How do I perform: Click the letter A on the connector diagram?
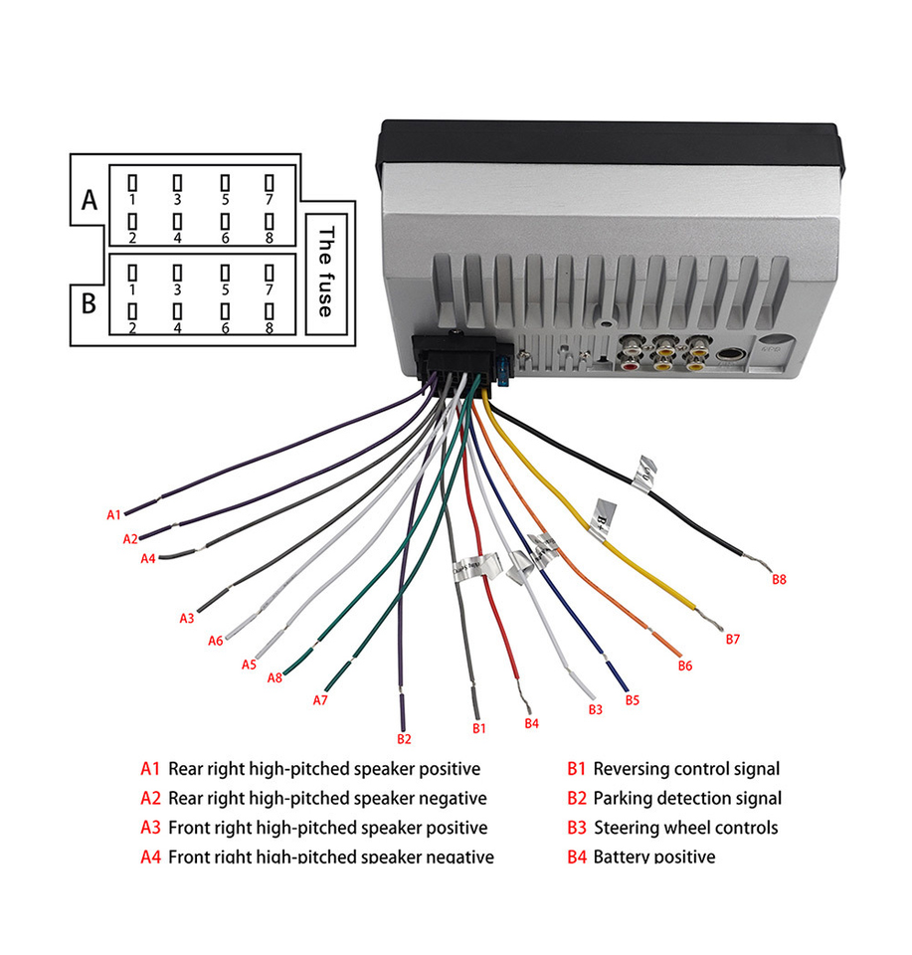[x=90, y=201]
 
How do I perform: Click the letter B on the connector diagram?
[x=89, y=302]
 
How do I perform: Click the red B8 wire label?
[x=779, y=579]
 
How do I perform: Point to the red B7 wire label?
[x=733, y=639]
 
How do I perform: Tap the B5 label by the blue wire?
[x=632, y=700]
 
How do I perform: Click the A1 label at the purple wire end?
[x=114, y=514]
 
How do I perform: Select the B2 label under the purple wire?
[x=404, y=739]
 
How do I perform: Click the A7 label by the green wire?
[x=320, y=700]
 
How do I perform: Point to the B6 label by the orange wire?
[x=684, y=666]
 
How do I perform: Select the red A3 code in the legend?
[x=150, y=828]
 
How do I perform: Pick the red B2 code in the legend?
[x=578, y=798]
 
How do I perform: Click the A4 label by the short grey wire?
[x=147, y=559]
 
